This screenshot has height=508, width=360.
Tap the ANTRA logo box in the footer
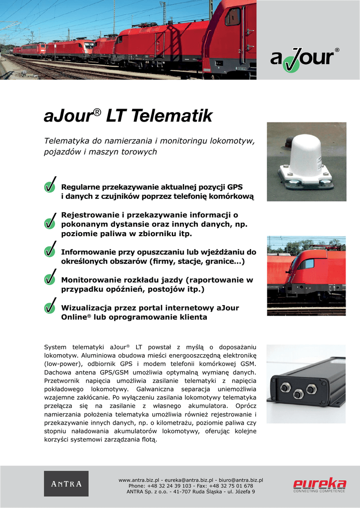(66, 484)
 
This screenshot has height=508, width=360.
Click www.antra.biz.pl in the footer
(139, 480)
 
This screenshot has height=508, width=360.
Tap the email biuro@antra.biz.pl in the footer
(241, 480)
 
